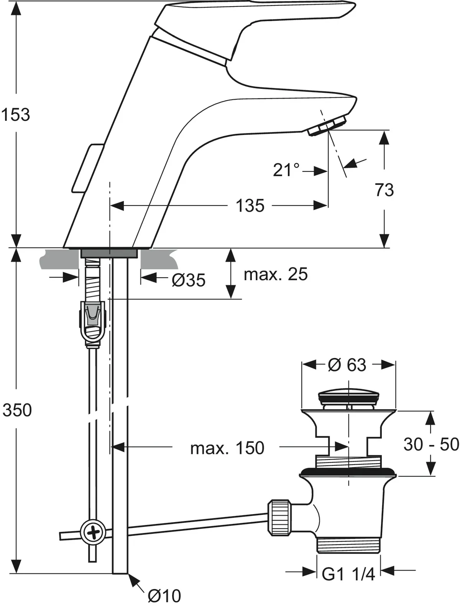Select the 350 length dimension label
coord(17,410)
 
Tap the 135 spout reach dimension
coord(250,206)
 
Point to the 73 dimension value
coord(384,190)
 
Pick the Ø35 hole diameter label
coord(189,280)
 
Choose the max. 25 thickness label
coord(276,274)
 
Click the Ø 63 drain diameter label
coord(347,365)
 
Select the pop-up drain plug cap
coord(348,396)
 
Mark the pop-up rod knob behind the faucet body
coord(87,168)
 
